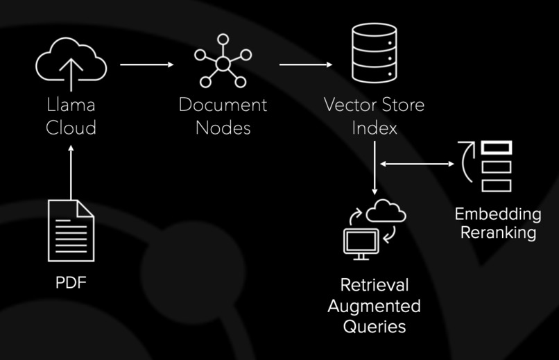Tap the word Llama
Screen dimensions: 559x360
(71, 105)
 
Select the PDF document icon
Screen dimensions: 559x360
(71, 231)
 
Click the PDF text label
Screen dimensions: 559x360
(71, 282)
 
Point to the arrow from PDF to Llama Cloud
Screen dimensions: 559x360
(71, 173)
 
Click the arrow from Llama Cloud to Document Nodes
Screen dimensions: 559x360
(147, 65)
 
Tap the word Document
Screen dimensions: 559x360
(223, 105)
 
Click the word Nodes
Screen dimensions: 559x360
(223, 128)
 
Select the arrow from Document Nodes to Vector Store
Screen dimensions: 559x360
(306, 65)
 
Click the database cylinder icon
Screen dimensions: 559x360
(375, 53)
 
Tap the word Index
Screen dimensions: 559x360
(375, 128)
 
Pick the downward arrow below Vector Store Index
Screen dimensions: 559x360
(375, 168)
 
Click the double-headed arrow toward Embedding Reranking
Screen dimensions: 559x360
(417, 164)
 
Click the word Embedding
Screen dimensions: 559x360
(498, 214)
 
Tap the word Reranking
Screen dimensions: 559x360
(498, 232)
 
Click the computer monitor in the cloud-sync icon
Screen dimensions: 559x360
(361, 244)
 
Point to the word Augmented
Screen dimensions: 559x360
(375, 306)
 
